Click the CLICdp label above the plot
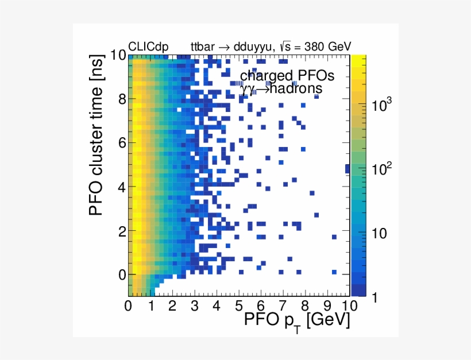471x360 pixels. point(148,47)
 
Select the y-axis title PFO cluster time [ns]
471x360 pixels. point(99,148)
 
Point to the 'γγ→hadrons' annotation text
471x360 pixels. point(281,89)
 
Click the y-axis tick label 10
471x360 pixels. point(118,55)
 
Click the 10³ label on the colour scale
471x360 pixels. point(382,105)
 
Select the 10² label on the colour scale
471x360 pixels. point(382,169)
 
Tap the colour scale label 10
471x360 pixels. point(380,234)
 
